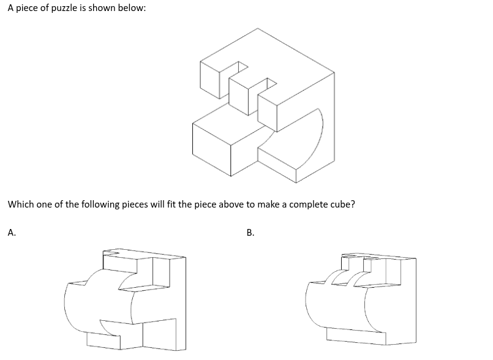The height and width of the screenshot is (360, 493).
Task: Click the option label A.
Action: [x=12, y=233]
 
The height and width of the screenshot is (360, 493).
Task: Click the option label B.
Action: [x=250, y=233]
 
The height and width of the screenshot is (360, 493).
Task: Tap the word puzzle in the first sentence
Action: [x=64, y=8]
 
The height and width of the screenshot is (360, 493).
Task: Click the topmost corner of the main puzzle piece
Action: [x=258, y=28]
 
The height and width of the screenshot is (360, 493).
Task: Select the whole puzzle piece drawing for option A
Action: [x=125, y=299]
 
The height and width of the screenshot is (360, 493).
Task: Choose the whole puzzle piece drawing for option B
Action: [x=361, y=299]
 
